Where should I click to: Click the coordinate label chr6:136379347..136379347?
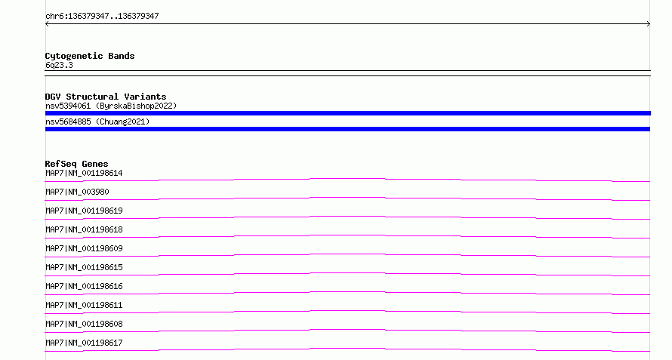pos(102,17)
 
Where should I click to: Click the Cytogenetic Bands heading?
pos(90,56)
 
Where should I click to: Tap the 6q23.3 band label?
pos(59,65)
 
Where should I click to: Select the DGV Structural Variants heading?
pos(106,97)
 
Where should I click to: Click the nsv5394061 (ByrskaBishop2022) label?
pos(111,106)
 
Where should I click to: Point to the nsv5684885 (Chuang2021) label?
pos(97,122)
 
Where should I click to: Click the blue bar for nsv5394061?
pos(347,113)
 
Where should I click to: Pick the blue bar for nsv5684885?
pos(347,129)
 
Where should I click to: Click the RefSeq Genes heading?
pos(76,164)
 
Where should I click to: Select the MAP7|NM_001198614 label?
pos(84,173)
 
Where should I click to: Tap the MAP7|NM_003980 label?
pos(77,192)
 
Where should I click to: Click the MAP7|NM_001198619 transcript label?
pos(84,211)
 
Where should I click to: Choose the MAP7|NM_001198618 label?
pos(84,229)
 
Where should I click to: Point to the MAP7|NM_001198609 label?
pos(84,248)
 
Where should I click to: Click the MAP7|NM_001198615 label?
pos(84,267)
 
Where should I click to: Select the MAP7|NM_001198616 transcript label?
pos(84,286)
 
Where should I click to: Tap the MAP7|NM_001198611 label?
pos(84,305)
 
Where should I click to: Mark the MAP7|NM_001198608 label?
pos(84,324)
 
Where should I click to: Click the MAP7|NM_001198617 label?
pos(84,343)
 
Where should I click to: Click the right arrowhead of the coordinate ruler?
pos(649,24)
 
